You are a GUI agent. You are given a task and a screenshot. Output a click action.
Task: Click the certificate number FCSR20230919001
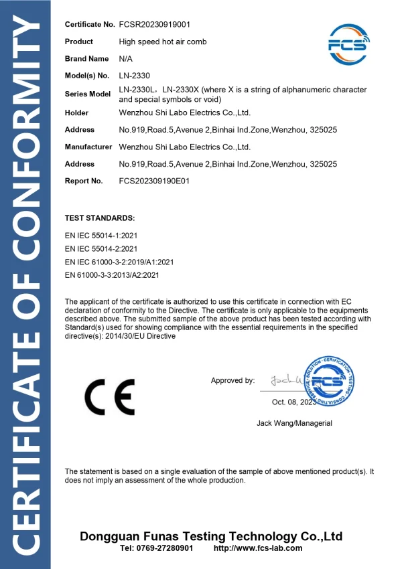coord(155,25)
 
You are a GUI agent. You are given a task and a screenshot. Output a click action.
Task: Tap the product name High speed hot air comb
coord(163,42)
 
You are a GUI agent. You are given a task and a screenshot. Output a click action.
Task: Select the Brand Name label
coord(86,59)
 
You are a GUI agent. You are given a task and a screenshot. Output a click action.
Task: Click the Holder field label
coord(76,112)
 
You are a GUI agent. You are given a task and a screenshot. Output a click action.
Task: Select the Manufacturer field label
coord(88,147)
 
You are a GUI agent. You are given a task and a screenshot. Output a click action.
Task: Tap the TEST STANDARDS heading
coord(100,219)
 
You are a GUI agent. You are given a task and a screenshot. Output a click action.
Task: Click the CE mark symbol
coord(109,396)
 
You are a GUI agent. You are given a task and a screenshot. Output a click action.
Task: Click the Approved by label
coord(232,381)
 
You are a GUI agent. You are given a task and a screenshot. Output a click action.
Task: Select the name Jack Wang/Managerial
coord(294,423)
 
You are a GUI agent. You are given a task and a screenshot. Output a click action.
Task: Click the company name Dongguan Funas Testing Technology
coord(211,536)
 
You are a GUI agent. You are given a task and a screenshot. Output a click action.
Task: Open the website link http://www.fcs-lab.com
coord(257,548)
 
